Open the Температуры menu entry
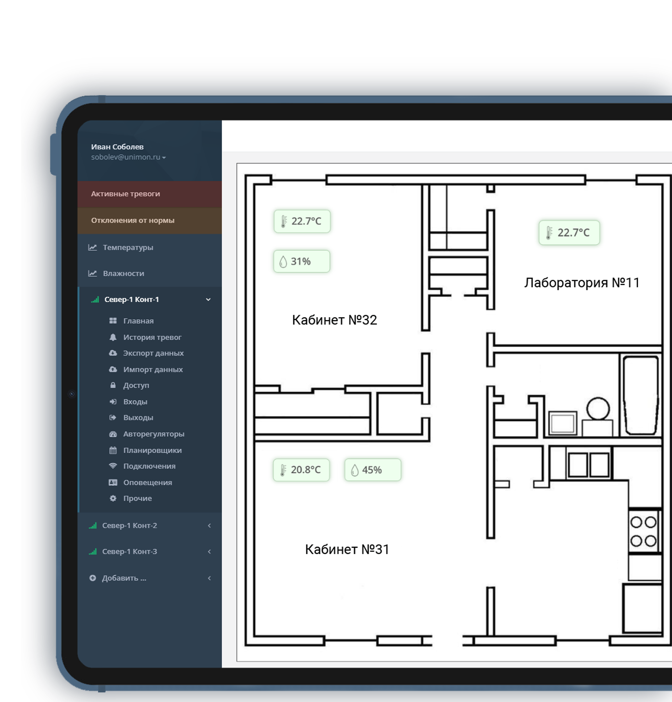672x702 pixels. point(128,247)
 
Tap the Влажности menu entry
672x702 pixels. point(124,273)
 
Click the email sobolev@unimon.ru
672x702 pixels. point(125,157)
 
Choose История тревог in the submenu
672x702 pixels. point(152,337)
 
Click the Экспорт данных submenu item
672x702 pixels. point(153,353)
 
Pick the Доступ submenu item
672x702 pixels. point(136,385)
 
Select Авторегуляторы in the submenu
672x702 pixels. point(153,434)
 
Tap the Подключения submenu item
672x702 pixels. point(149,466)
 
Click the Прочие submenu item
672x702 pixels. point(137,498)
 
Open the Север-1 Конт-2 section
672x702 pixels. point(129,526)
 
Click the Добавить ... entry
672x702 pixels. point(124,578)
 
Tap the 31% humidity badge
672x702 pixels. point(302,261)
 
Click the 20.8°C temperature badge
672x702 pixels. point(301,470)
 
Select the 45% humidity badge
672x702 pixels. point(373,470)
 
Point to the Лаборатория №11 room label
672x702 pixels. point(582,283)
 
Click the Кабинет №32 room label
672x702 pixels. point(335,320)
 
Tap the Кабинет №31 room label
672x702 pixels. point(347,549)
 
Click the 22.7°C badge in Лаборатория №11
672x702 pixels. point(569,233)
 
